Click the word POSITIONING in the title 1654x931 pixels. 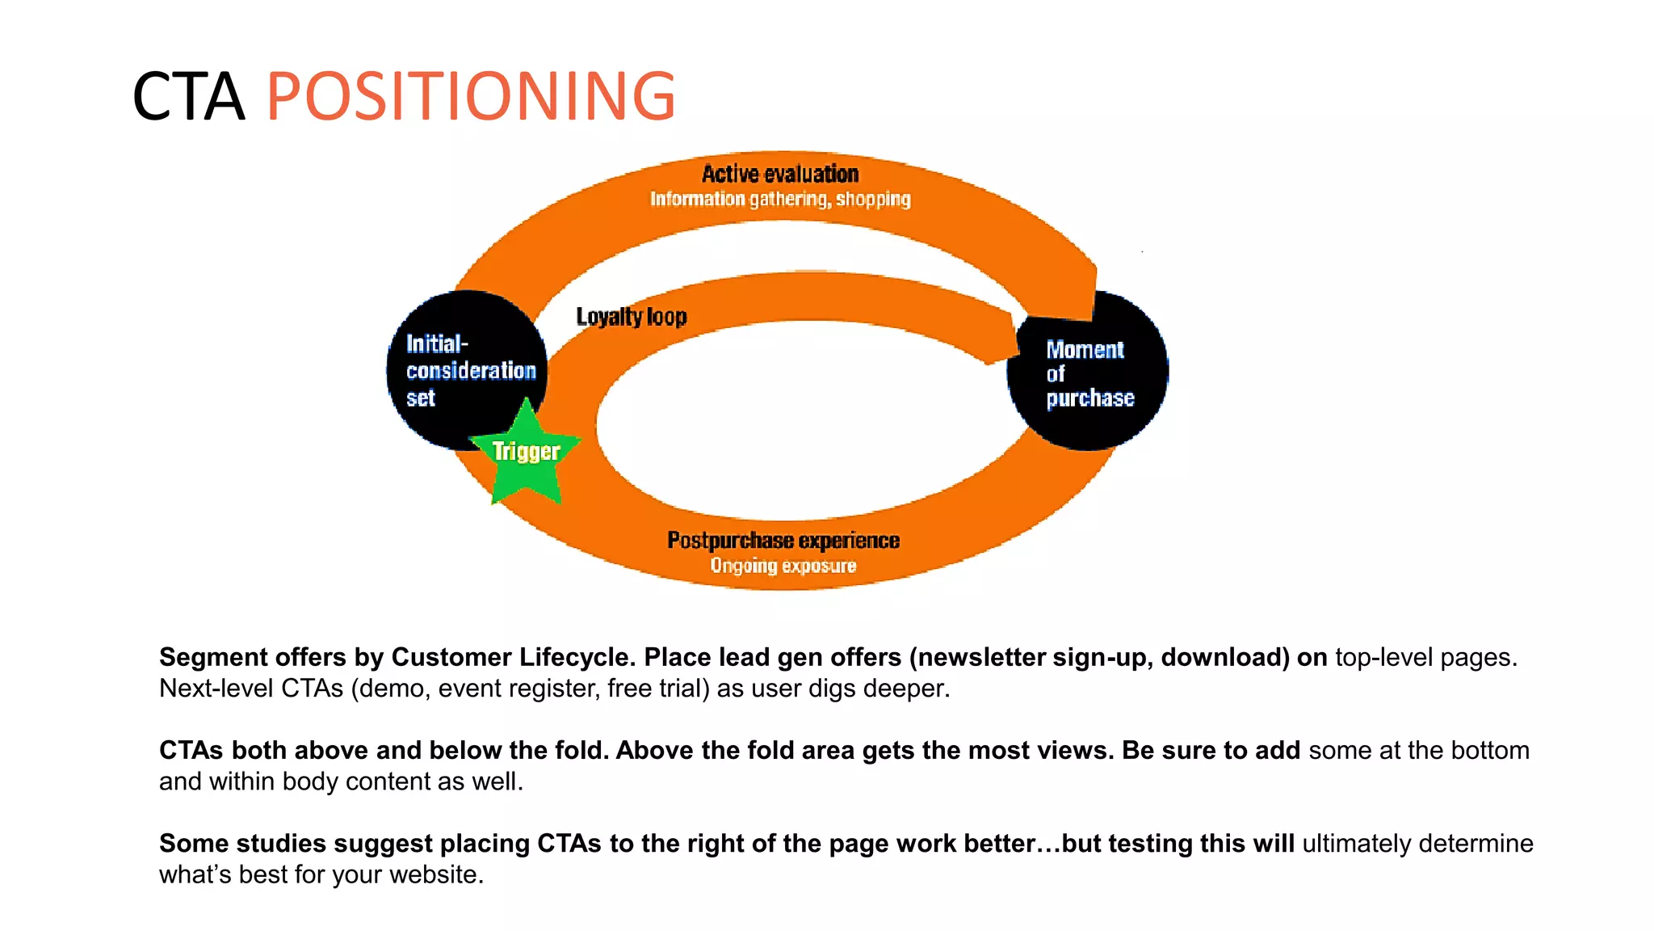point(470,97)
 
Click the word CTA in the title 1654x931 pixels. point(188,97)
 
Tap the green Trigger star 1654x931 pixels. point(526,455)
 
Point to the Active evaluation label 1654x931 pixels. point(779,174)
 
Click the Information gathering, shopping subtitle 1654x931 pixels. point(780,199)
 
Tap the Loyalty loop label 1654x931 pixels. point(631,317)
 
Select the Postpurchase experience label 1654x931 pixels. point(783,540)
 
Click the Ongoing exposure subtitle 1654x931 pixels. point(783,566)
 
